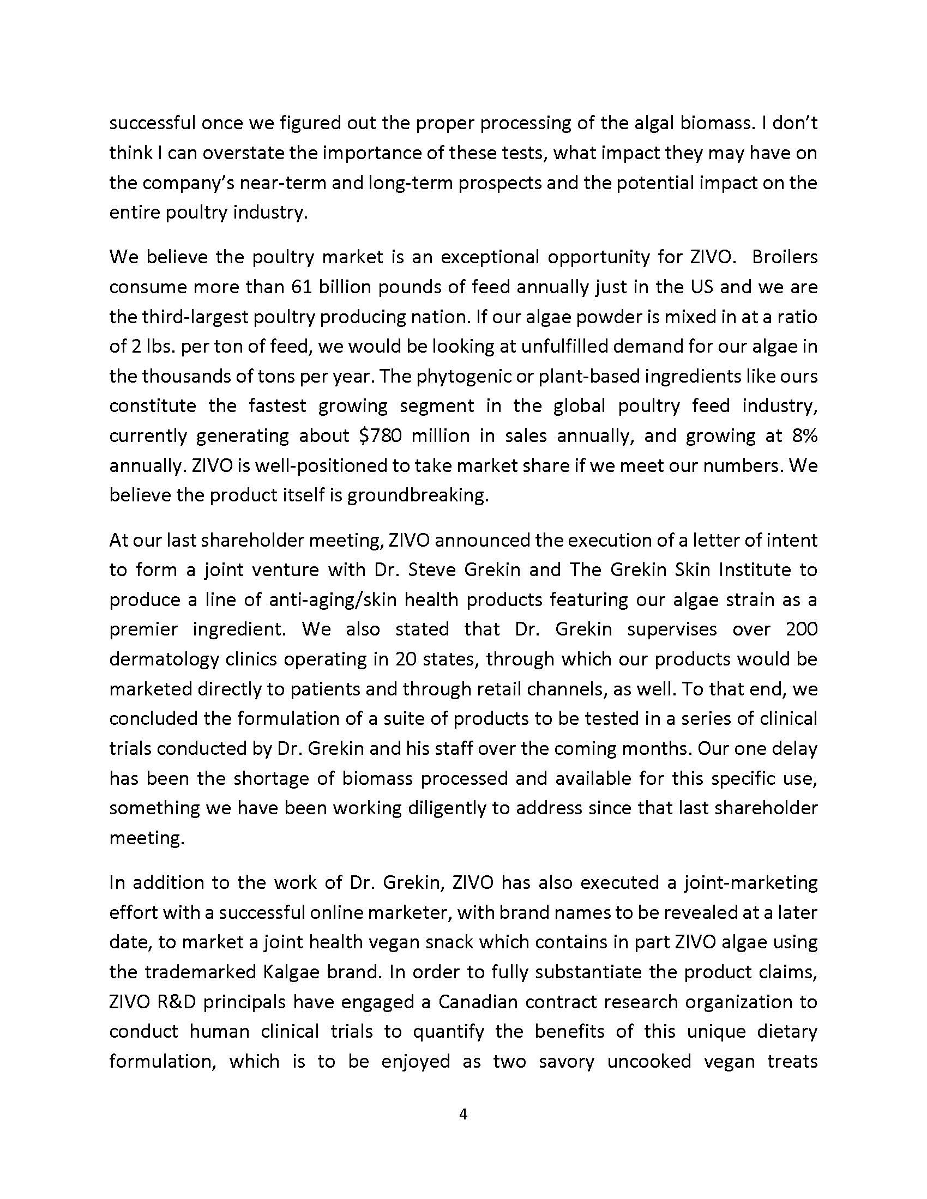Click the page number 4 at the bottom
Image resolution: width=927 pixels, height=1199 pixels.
pos(463,1114)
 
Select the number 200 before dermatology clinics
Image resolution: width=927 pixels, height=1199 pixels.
pos(801,629)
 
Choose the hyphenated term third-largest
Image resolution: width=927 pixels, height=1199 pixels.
pos(206,317)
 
